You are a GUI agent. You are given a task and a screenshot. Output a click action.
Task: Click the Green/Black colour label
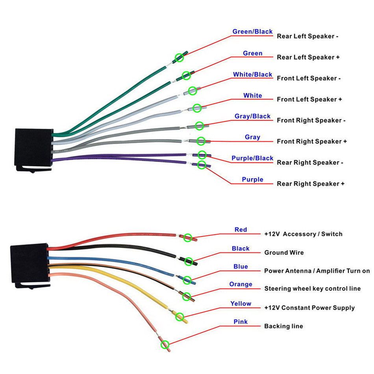252,31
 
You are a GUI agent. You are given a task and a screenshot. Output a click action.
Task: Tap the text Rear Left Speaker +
308,57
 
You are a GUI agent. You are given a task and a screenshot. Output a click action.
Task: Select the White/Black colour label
253,74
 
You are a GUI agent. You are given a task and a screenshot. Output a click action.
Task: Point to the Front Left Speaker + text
309,99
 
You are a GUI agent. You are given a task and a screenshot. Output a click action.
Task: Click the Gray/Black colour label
253,116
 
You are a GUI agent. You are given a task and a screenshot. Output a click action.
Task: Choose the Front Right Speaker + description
312,141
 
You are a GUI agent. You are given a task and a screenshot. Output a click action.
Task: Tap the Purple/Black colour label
252,158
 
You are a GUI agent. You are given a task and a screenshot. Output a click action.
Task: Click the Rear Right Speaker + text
311,184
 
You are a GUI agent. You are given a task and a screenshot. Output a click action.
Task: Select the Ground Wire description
284,253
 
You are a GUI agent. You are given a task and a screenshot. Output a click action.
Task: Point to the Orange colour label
241,284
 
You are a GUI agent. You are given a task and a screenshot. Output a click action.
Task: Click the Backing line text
283,326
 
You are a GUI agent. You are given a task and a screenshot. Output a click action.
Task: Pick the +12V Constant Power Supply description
309,308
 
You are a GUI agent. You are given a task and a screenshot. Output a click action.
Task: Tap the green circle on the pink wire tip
165,344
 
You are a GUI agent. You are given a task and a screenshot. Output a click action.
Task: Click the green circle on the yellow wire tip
180,317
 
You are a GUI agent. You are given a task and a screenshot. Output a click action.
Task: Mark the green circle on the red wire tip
188,237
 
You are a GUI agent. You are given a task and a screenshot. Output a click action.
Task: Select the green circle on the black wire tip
189,261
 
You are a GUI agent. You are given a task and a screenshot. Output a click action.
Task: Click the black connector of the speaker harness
33,149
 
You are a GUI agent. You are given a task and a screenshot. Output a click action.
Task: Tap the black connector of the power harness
30,265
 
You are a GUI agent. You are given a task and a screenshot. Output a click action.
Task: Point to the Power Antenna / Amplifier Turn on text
317,271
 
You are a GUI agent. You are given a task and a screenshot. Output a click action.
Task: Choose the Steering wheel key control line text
313,289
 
